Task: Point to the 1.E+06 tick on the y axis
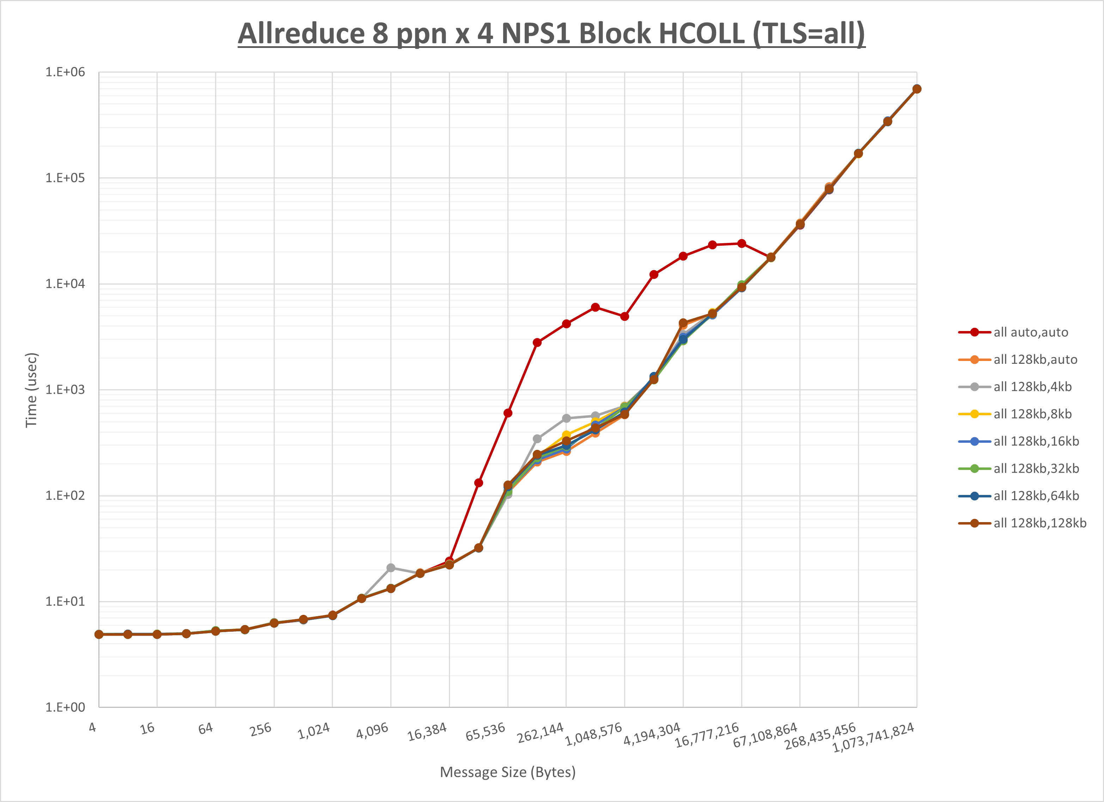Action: pos(65,72)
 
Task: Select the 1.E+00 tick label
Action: pos(65,707)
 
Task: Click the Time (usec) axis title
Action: pos(31,390)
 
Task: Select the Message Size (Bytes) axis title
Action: pos(508,772)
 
